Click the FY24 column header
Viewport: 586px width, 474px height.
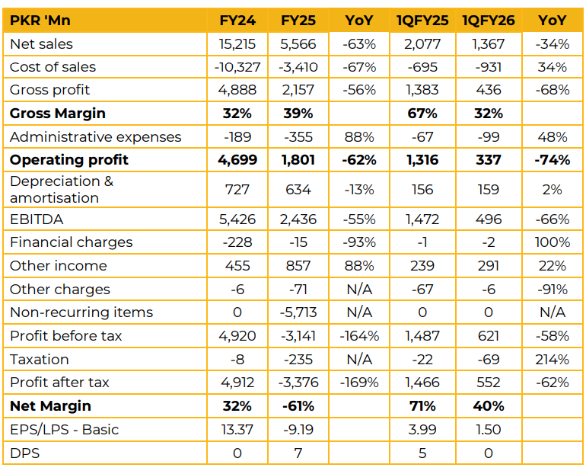[237, 21]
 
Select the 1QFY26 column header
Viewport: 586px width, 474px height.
[488, 21]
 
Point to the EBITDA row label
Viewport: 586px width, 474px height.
[37, 219]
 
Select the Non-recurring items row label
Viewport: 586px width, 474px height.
[81, 312]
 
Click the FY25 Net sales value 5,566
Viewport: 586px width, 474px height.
[298, 44]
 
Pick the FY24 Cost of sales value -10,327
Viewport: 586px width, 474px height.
[237, 67]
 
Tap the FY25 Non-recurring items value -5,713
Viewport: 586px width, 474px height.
[298, 312]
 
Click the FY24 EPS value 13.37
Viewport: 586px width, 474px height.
[237, 430]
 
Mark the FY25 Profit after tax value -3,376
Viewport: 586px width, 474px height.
[298, 383]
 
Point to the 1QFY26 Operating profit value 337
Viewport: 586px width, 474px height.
[488, 160]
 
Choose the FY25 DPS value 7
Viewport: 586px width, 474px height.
[298, 453]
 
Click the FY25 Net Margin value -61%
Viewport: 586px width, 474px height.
[298, 406]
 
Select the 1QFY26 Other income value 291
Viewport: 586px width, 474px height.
[488, 266]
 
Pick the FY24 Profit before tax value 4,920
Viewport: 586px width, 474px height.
[237, 336]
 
